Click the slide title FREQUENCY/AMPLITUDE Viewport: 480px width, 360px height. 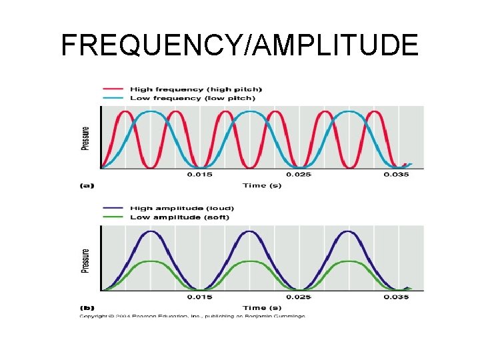click(239, 45)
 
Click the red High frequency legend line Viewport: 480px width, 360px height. click(112, 89)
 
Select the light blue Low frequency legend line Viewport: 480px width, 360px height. click(112, 98)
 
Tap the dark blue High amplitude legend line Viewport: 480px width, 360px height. click(112, 208)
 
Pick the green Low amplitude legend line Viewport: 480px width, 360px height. click(112, 217)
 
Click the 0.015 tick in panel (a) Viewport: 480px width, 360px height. click(199, 175)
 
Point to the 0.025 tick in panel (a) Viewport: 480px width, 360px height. click(299, 175)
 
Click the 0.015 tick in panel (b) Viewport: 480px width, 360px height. click(199, 297)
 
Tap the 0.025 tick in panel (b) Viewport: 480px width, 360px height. click(299, 297)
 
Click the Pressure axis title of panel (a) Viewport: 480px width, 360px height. click(85, 138)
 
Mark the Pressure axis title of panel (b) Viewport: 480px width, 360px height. click(85, 261)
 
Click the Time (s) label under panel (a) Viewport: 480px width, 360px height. click(261, 185)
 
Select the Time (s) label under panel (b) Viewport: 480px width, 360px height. click(261, 307)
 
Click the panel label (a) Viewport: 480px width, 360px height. click(87, 185)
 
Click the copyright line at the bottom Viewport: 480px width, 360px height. click(192, 316)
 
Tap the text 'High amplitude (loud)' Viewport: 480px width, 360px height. click(182, 208)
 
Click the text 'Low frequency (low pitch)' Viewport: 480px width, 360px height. click(192, 98)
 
